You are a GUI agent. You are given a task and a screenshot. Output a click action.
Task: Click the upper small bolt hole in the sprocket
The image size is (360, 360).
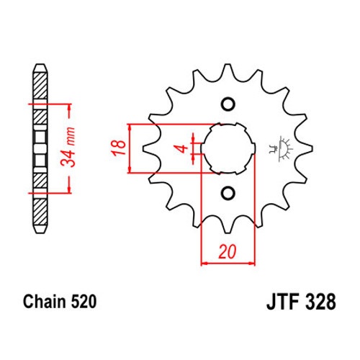(228, 104)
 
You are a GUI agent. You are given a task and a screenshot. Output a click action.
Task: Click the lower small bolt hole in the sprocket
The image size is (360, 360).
(228, 193)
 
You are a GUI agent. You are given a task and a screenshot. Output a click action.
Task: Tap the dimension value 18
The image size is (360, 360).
(119, 148)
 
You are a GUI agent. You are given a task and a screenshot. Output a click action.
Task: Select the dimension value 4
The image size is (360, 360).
(183, 148)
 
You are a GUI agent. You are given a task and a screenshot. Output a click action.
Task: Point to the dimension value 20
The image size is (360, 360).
(228, 251)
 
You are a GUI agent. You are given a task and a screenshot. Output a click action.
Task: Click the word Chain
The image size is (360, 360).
(45, 302)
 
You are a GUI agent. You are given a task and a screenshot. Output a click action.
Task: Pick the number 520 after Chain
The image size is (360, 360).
(84, 302)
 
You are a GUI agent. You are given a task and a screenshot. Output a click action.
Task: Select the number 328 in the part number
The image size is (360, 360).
(320, 302)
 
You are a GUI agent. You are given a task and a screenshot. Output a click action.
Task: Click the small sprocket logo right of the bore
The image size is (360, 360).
(282, 149)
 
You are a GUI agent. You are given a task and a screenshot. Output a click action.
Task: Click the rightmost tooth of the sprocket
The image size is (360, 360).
(307, 149)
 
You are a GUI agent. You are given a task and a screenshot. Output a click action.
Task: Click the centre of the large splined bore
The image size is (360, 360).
(228, 148)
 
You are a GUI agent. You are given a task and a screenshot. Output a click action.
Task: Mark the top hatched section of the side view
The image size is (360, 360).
(40, 86)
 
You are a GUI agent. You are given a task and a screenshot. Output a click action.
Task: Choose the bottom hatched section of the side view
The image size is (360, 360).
(40, 212)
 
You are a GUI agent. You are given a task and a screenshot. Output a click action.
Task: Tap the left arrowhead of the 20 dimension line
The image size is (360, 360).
(204, 264)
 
